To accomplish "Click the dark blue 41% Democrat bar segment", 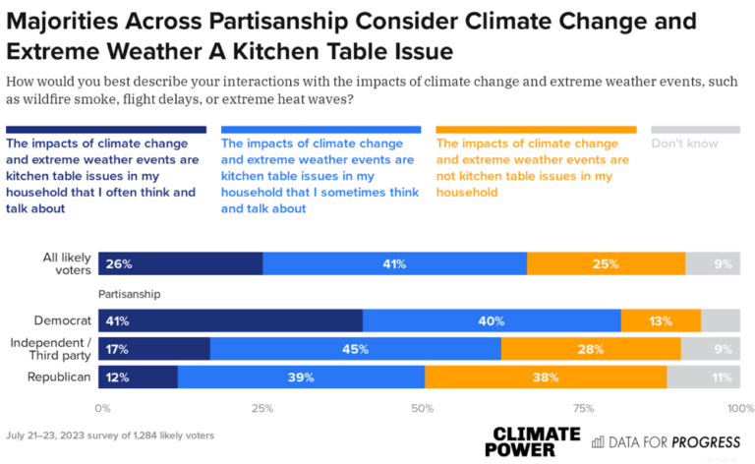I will click(230, 320).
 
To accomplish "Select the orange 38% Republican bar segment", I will click(546, 377).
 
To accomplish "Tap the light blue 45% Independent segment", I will click(355, 349).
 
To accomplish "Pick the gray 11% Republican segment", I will click(703, 377).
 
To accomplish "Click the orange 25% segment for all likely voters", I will click(606, 264).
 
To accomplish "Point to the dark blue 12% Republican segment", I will click(138, 377).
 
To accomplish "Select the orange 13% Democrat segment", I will click(661, 320).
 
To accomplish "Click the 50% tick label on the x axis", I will click(421, 407).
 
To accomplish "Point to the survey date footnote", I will click(109, 435).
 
